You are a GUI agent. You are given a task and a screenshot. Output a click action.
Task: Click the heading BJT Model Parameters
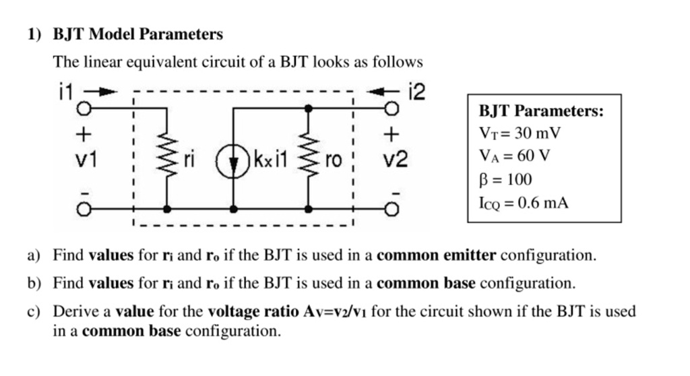137,34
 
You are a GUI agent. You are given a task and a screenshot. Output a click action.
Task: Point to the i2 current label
417,91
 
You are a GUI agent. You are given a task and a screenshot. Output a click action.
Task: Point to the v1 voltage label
85,160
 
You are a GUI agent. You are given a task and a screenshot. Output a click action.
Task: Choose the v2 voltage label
395,160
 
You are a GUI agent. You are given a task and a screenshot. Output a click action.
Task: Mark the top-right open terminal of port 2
391,108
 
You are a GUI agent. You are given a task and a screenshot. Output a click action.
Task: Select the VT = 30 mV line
520,133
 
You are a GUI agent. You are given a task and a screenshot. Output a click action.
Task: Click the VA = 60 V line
514,156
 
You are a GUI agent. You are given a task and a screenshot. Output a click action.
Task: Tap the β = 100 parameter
505,179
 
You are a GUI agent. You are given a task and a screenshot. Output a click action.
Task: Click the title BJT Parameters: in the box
541,111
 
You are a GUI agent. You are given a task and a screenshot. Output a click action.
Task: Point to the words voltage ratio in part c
251,311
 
